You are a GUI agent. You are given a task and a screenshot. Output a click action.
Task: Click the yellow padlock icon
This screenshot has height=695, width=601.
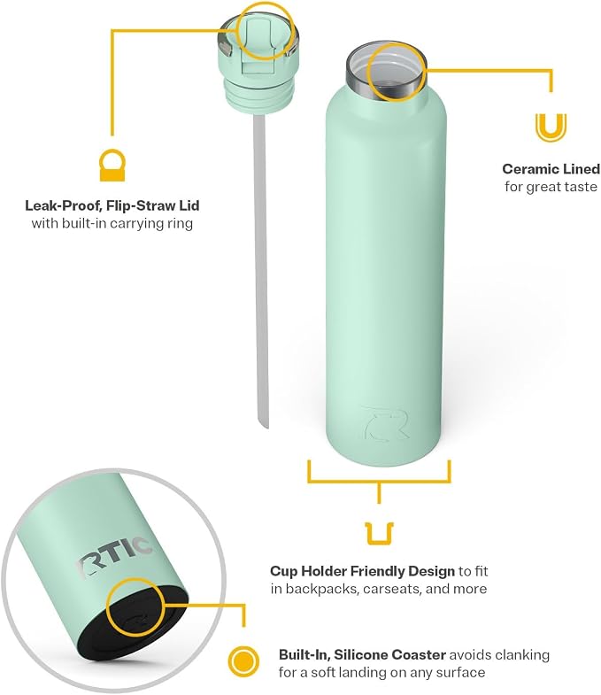coord(112,166)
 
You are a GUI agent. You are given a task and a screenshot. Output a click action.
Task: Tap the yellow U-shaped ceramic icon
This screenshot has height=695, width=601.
coord(551,127)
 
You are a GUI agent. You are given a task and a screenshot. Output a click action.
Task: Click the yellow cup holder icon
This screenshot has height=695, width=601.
coord(380,534)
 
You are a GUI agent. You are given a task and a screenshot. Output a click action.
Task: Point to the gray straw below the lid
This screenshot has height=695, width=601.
coord(260,270)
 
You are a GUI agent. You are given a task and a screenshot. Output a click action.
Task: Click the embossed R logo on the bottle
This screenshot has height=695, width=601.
coord(385,423)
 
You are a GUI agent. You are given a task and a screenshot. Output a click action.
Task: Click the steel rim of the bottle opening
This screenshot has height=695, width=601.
coord(385,71)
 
